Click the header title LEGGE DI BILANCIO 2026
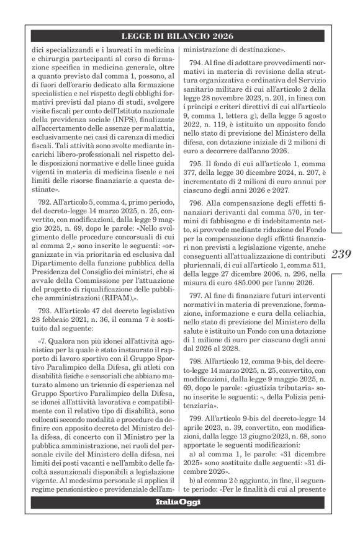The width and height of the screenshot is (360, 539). point(178,37)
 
